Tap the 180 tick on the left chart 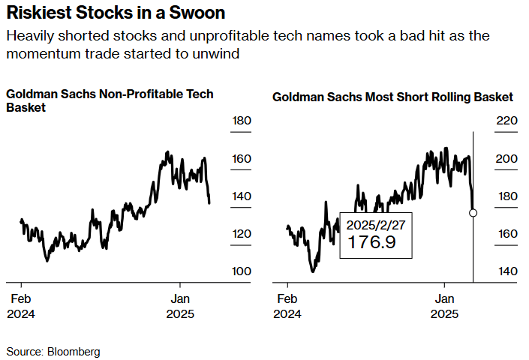(x=241, y=121)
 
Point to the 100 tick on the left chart (x=241, y=271)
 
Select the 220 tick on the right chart (x=507, y=121)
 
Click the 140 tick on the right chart (x=507, y=271)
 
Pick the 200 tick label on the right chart (x=507, y=159)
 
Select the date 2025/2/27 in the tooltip (x=375, y=224)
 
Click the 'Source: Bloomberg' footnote (x=53, y=351)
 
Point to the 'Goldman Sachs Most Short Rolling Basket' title (x=392, y=97)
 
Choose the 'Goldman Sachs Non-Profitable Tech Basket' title (x=110, y=100)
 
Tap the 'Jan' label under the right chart (x=446, y=298)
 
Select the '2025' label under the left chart (x=179, y=314)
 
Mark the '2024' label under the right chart (x=287, y=314)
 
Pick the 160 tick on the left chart (x=241, y=159)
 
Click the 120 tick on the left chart (x=241, y=234)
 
